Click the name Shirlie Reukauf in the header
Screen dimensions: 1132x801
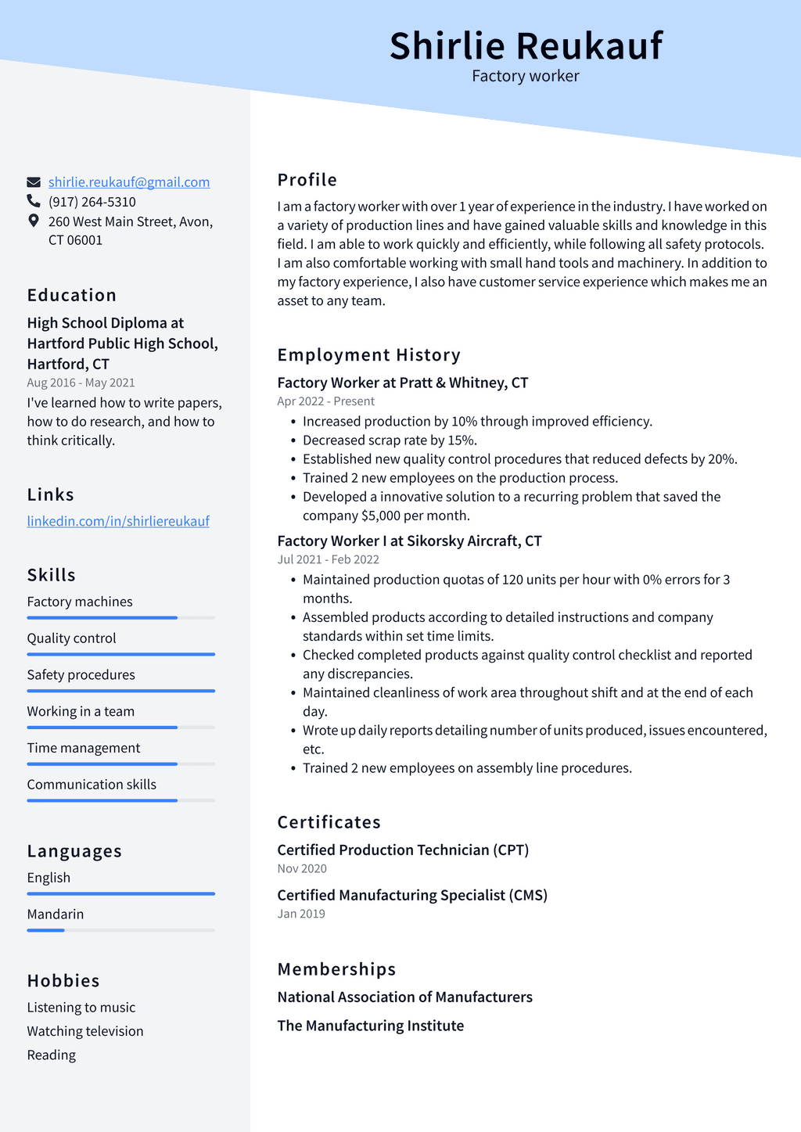(x=526, y=45)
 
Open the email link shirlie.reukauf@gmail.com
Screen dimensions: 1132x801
(x=129, y=182)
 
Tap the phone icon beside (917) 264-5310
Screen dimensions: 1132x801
(x=34, y=201)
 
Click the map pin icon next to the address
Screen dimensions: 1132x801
(x=34, y=221)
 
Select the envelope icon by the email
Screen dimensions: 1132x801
(x=34, y=182)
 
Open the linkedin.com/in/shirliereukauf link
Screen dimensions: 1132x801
(x=118, y=521)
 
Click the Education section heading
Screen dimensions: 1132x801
(x=72, y=295)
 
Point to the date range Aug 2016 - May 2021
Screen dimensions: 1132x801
(x=81, y=383)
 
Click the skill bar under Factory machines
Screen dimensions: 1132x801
(x=120, y=618)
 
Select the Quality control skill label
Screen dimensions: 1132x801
(x=71, y=638)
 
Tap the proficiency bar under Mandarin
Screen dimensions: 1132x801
(x=120, y=930)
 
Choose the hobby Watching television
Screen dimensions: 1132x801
(x=85, y=1031)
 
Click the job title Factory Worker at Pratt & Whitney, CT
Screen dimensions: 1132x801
(x=403, y=383)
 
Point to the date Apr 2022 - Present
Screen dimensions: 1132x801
(x=325, y=401)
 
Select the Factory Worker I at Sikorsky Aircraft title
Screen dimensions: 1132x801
(x=409, y=541)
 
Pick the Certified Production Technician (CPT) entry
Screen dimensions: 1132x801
(x=403, y=850)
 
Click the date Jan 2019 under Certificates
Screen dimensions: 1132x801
(x=301, y=914)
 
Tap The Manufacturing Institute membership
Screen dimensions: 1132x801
(x=371, y=1026)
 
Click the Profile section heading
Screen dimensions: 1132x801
(x=307, y=180)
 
